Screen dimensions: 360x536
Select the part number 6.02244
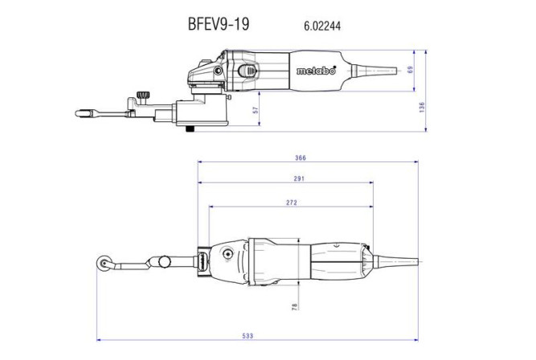click(321, 26)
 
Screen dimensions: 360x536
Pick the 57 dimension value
click(256, 112)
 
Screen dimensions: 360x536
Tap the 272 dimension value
click(290, 202)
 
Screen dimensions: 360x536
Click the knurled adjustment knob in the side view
click(143, 96)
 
